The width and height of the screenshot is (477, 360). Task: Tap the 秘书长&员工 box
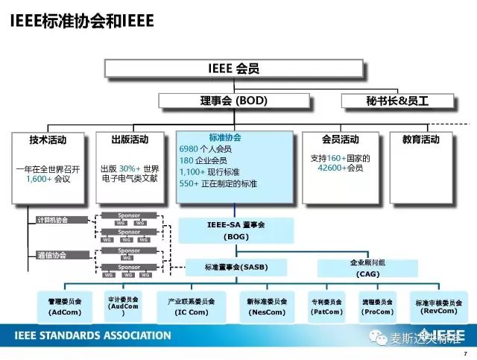click(399, 100)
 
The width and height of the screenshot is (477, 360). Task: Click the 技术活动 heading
click(48, 139)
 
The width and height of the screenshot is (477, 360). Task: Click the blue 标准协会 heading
click(224, 138)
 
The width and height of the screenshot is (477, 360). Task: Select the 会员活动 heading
click(340, 139)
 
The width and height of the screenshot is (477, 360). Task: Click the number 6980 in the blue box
click(189, 149)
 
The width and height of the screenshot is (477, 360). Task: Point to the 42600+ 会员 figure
click(340, 168)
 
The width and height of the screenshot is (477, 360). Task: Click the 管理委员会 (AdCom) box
click(65, 306)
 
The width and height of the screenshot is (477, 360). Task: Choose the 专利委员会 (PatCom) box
click(326, 306)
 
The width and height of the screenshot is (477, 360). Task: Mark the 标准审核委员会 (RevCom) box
click(438, 306)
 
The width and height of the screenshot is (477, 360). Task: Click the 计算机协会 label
click(51, 220)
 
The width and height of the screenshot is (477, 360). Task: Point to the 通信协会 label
click(51, 255)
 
